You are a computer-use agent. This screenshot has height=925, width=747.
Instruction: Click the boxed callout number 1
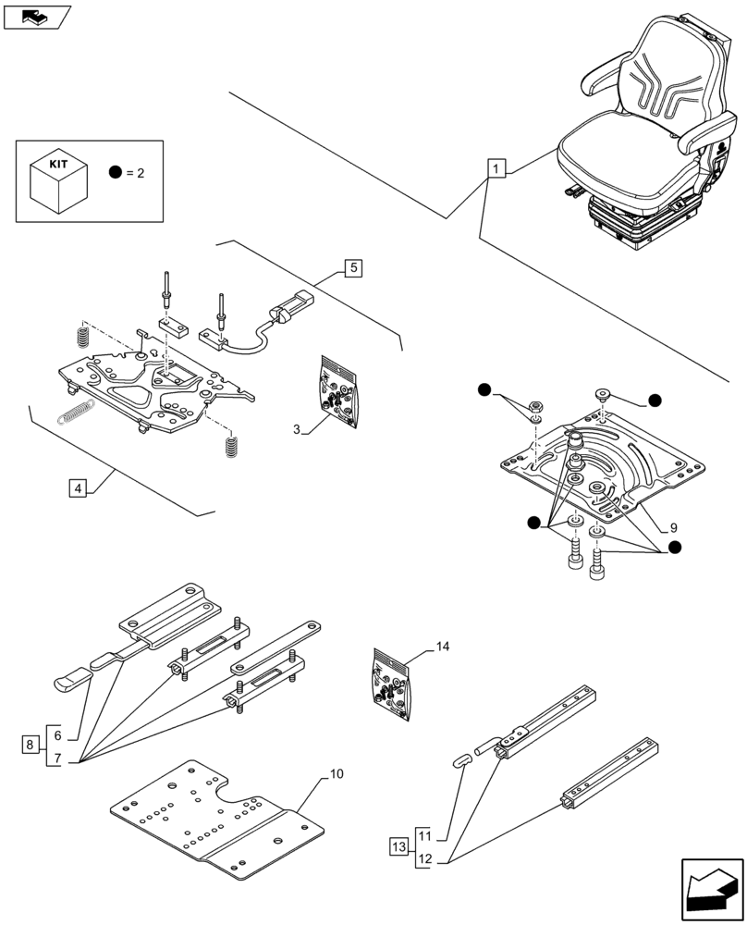(x=496, y=169)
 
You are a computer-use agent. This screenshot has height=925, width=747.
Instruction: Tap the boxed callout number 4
(x=78, y=487)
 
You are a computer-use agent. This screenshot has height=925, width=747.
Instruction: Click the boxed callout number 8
(x=31, y=744)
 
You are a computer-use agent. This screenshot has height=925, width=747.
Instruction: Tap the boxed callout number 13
(x=398, y=846)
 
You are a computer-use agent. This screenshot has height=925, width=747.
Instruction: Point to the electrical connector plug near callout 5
(x=288, y=307)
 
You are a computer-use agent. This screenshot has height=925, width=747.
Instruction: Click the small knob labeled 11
(x=462, y=759)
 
